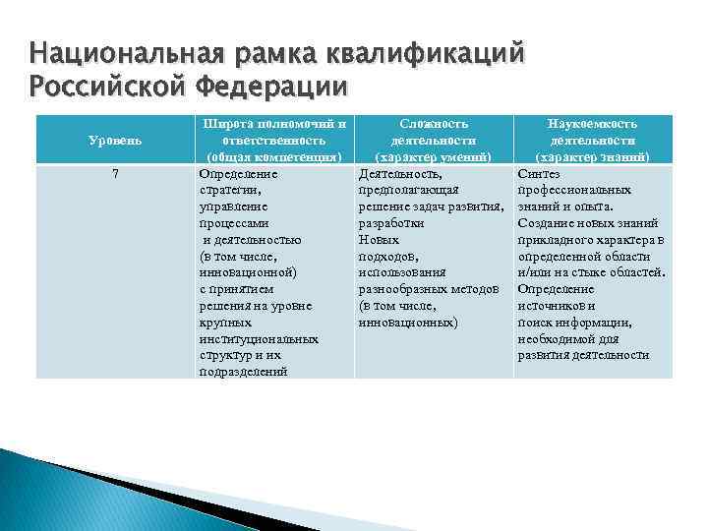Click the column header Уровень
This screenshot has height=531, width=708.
click(x=114, y=140)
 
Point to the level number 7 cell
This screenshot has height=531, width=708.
click(x=115, y=173)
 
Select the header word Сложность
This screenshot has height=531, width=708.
click(x=434, y=124)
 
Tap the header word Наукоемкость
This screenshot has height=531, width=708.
click(x=593, y=124)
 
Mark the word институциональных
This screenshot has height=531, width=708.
click(x=258, y=339)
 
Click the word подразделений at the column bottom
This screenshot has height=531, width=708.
click(x=243, y=372)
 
